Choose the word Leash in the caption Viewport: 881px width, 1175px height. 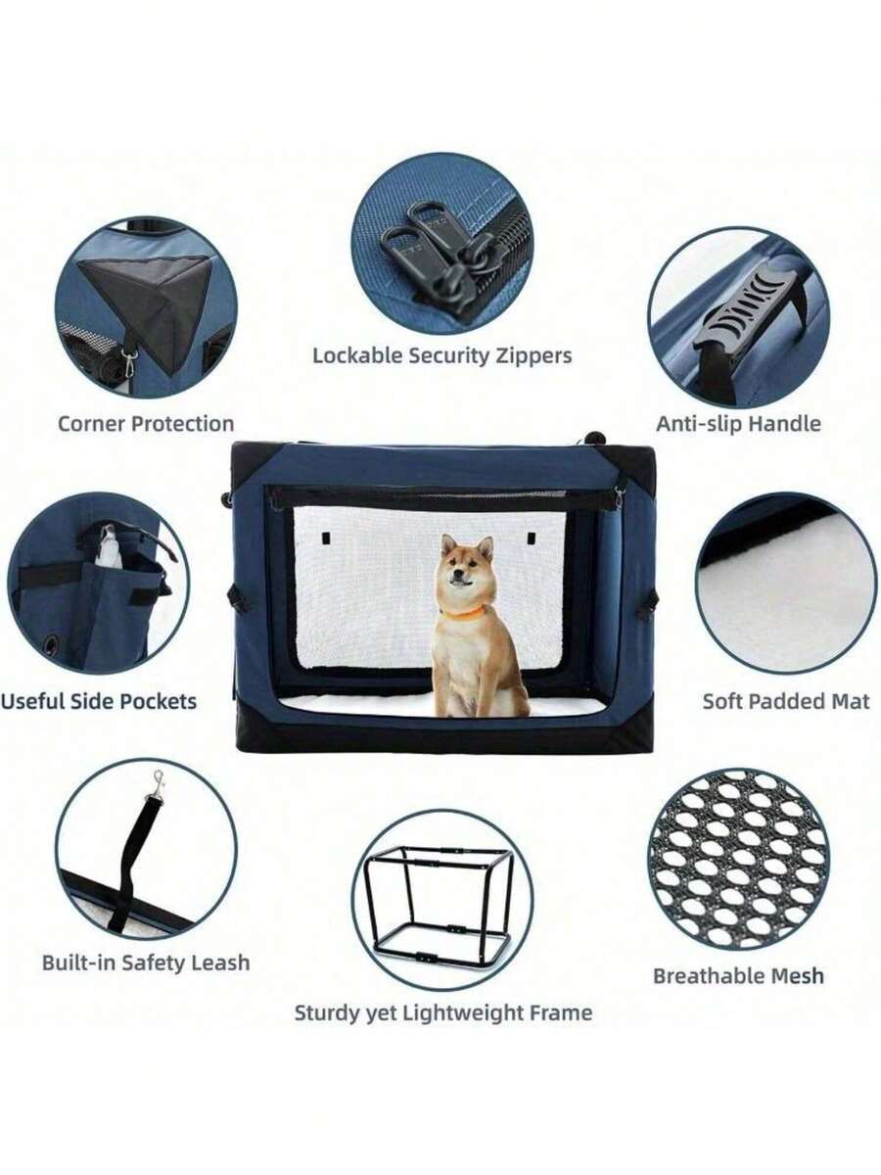click(x=221, y=963)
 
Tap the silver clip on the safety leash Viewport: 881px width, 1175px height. click(x=158, y=782)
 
